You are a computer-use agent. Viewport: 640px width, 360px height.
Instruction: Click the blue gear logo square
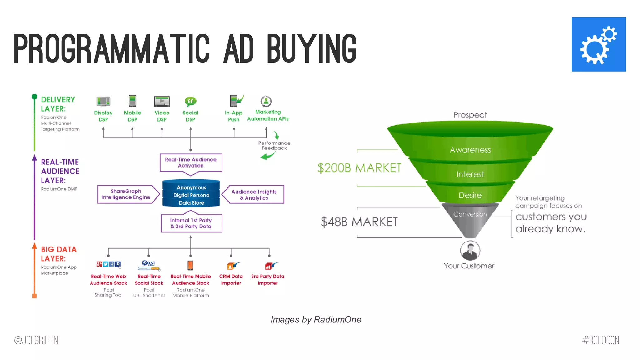(598, 44)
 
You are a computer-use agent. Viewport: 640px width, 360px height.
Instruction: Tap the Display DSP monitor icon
(103, 101)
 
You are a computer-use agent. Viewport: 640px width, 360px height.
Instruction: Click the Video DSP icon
(162, 101)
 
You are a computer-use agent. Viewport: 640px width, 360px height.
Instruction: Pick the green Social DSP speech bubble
(190, 101)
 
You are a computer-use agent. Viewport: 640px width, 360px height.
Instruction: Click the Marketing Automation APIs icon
(266, 101)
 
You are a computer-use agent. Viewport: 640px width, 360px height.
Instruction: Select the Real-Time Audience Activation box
(191, 162)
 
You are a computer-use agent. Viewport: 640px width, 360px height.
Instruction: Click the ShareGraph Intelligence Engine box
(126, 194)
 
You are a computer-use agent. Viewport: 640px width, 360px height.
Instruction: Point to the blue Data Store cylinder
(191, 194)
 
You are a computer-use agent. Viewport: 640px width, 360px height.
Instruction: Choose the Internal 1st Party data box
(191, 223)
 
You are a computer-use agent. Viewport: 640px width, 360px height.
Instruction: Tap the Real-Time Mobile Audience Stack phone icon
(190, 265)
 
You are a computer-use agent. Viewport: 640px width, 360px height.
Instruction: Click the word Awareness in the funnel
(470, 150)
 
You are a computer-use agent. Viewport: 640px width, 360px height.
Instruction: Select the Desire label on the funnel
(470, 195)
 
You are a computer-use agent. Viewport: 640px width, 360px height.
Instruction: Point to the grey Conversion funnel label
(470, 214)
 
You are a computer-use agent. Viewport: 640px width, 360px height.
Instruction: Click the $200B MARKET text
(359, 168)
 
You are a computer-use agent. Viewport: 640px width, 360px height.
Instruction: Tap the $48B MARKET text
(359, 222)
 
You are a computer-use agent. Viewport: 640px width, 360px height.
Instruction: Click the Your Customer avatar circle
(470, 251)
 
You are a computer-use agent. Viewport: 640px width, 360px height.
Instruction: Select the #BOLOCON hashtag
(601, 340)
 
